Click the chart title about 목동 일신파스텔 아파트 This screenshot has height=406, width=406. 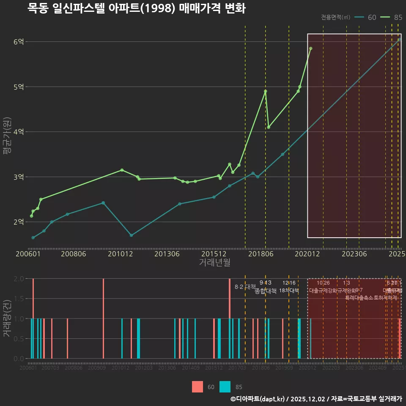[x=136, y=8]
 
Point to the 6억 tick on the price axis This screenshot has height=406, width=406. [x=19, y=41]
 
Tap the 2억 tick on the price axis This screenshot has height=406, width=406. [x=19, y=222]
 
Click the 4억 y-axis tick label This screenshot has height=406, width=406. [x=19, y=132]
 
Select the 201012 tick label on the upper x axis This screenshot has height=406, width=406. [x=121, y=254]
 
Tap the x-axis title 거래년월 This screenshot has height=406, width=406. [x=214, y=263]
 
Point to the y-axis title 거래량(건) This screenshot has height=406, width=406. [x=7, y=318]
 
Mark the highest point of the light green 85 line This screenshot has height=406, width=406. [x=310, y=49]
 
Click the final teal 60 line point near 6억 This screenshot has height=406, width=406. [x=399, y=40]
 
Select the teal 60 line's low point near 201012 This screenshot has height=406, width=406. [x=131, y=235]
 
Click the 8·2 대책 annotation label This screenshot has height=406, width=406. [x=245, y=287]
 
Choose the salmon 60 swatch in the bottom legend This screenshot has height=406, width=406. [x=198, y=387]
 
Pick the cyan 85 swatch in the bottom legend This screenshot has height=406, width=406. [x=225, y=387]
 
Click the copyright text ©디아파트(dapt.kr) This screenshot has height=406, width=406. [x=258, y=399]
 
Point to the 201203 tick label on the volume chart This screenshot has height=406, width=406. [x=144, y=368]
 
